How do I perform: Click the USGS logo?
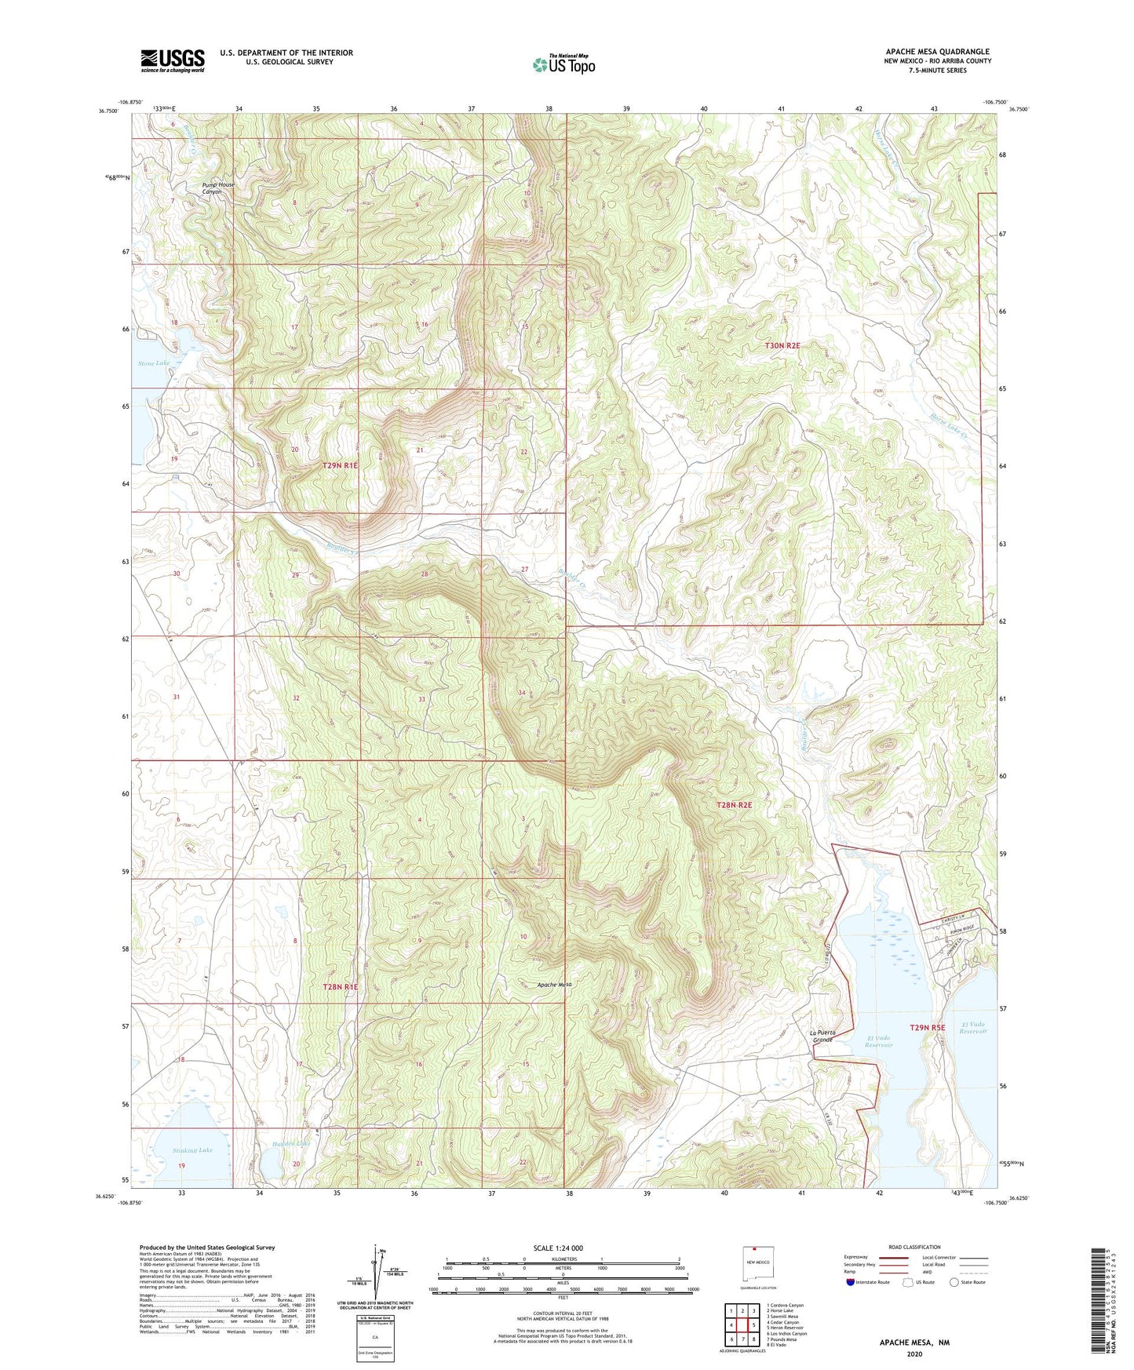(x=173, y=60)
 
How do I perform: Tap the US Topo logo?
(x=563, y=64)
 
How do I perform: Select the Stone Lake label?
(x=154, y=363)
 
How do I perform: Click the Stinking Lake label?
(x=192, y=1150)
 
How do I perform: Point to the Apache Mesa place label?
(x=554, y=985)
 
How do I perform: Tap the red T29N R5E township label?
(x=928, y=1027)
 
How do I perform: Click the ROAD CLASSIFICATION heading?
(x=914, y=1248)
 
